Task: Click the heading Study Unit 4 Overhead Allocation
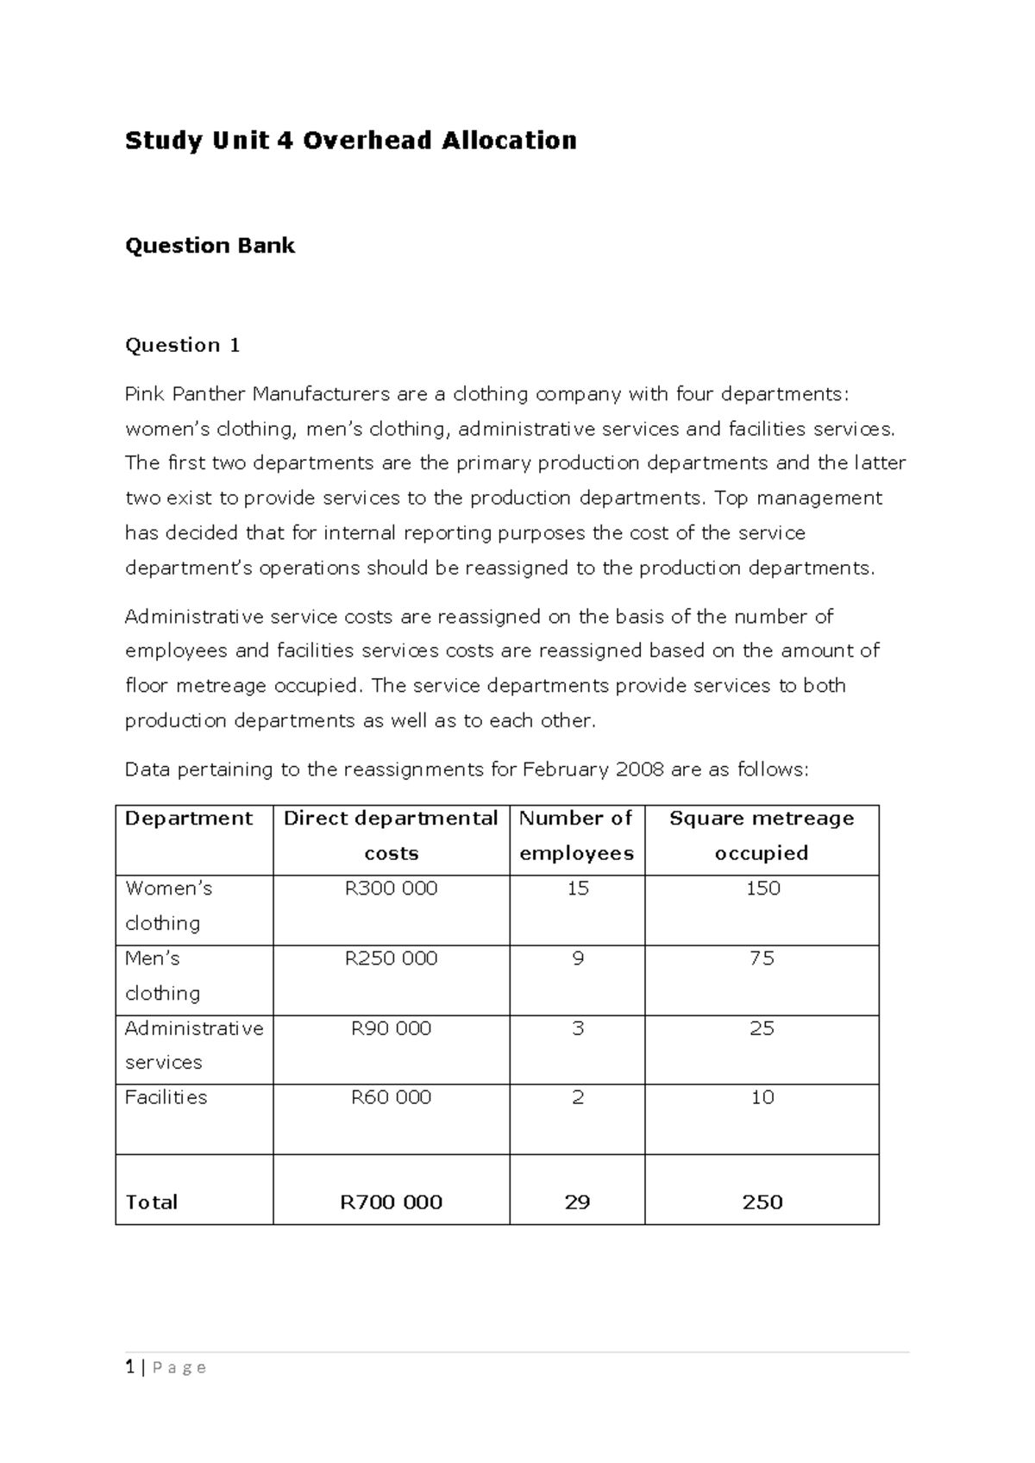(350, 141)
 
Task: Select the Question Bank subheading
(210, 246)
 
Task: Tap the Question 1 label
(182, 345)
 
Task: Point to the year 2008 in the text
(639, 769)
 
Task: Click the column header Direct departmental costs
(391, 835)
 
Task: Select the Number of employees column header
(576, 835)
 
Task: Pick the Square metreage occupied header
(762, 835)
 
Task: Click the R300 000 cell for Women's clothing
(391, 888)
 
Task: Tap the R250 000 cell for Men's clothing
(391, 958)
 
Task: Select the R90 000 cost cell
(391, 1028)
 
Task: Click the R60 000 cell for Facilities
(391, 1097)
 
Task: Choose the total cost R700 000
(391, 1202)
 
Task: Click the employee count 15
(577, 888)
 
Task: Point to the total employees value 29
(577, 1202)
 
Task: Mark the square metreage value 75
(762, 958)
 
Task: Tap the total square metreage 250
(762, 1202)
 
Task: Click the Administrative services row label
(194, 1045)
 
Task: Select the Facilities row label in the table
(166, 1097)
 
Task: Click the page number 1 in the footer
(129, 1367)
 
